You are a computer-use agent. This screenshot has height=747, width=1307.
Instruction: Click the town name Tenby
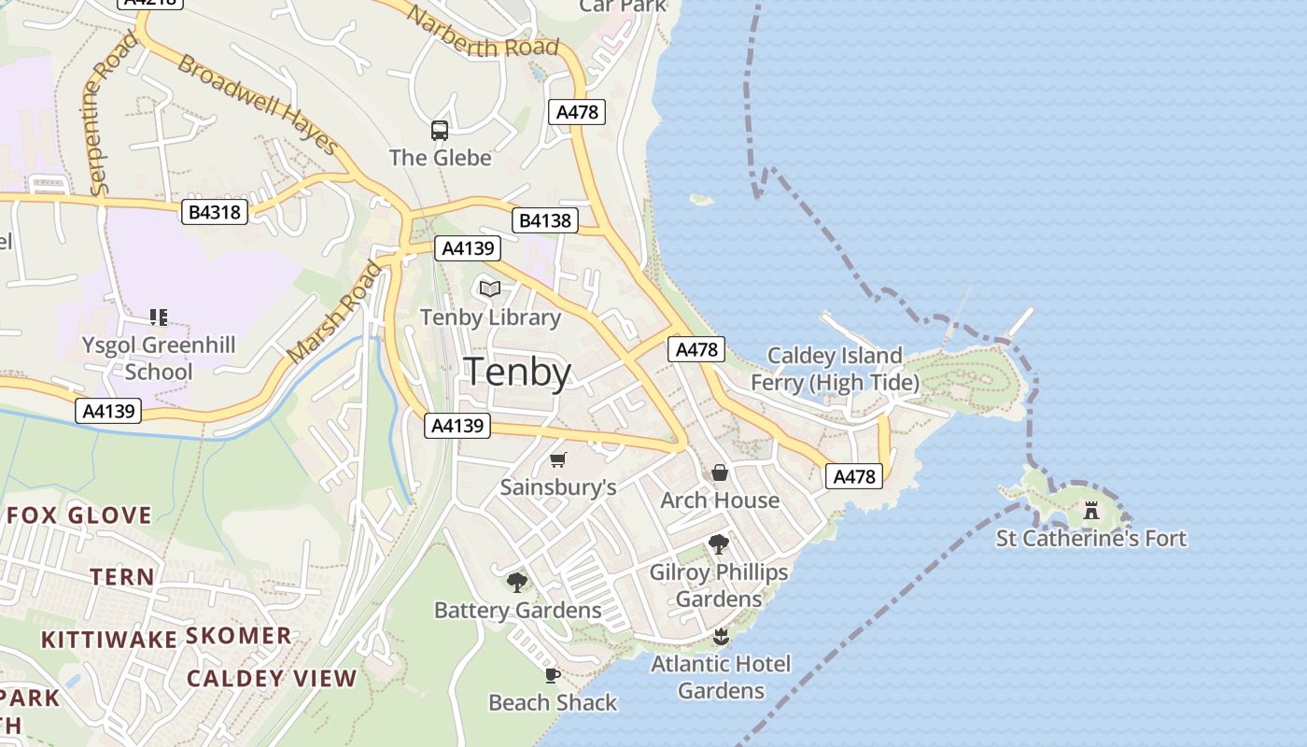click(517, 372)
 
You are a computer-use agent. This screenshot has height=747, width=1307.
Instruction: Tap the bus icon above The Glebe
click(440, 131)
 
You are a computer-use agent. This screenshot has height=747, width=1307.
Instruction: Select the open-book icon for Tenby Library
click(490, 289)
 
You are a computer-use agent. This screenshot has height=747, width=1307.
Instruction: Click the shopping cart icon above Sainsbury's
click(558, 459)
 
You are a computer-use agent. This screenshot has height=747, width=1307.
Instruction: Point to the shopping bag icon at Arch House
click(720, 472)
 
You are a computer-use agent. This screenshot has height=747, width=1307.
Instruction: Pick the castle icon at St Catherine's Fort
click(1090, 510)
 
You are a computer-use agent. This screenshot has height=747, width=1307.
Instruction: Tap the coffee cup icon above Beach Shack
click(553, 675)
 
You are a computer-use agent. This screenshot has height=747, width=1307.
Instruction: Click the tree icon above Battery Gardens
click(517, 583)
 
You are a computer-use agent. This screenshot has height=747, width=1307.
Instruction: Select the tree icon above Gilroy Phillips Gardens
click(719, 543)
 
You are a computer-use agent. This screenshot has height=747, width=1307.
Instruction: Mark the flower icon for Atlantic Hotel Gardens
click(720, 637)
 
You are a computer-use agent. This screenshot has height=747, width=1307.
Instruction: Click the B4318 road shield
click(215, 212)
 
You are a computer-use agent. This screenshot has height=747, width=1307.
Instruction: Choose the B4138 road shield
click(544, 220)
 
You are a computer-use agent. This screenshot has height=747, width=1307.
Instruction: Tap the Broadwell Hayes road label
click(257, 103)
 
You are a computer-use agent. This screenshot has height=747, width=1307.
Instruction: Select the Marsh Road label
click(335, 313)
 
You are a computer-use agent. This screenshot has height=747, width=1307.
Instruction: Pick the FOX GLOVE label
click(79, 515)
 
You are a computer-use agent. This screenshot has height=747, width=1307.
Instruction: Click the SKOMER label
click(239, 636)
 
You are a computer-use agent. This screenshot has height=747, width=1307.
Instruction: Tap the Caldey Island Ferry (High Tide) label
click(835, 369)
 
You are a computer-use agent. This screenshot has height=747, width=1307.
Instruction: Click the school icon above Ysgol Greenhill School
click(159, 317)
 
